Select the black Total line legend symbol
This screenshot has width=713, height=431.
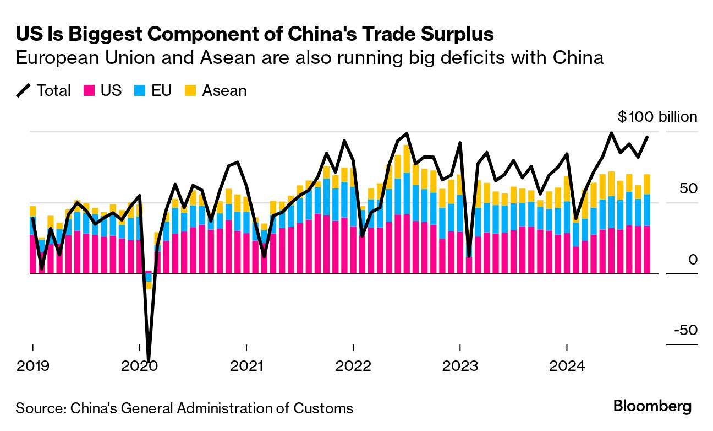[x=24, y=90]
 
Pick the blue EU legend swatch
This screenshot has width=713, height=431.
[x=139, y=90]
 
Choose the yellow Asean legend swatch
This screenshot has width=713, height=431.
[x=190, y=90]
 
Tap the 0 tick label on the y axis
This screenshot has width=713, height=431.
[x=693, y=260]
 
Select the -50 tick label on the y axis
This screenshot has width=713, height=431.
[x=684, y=330]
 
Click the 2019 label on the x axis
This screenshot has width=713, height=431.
[x=33, y=366]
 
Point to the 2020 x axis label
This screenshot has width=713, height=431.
[x=140, y=366]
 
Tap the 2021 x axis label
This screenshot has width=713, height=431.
[x=246, y=366]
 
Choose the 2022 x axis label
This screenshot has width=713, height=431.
[x=353, y=366]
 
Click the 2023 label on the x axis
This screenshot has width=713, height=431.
[x=460, y=366]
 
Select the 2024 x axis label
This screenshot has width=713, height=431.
[x=567, y=366]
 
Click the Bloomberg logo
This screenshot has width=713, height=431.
[x=652, y=407]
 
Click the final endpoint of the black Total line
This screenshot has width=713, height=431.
[x=647, y=137]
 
